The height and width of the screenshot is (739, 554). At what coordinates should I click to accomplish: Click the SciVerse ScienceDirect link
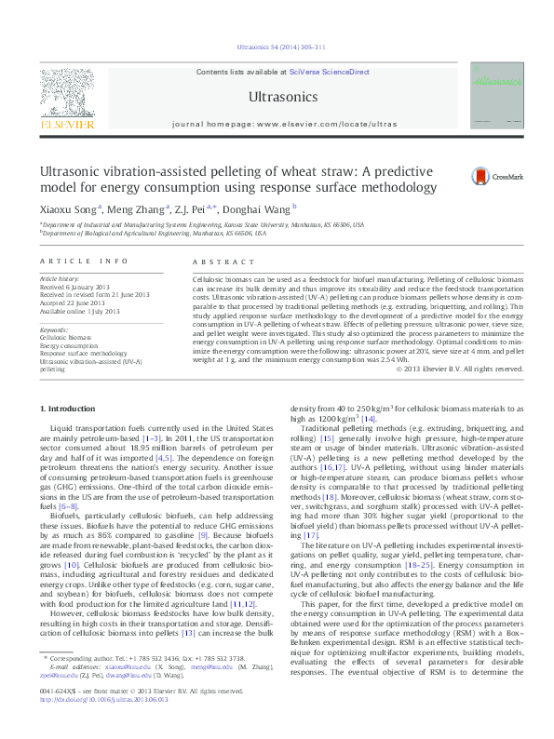point(329,72)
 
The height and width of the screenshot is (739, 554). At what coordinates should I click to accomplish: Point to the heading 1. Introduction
point(73,410)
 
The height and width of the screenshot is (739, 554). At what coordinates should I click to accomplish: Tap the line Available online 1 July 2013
point(79,309)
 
